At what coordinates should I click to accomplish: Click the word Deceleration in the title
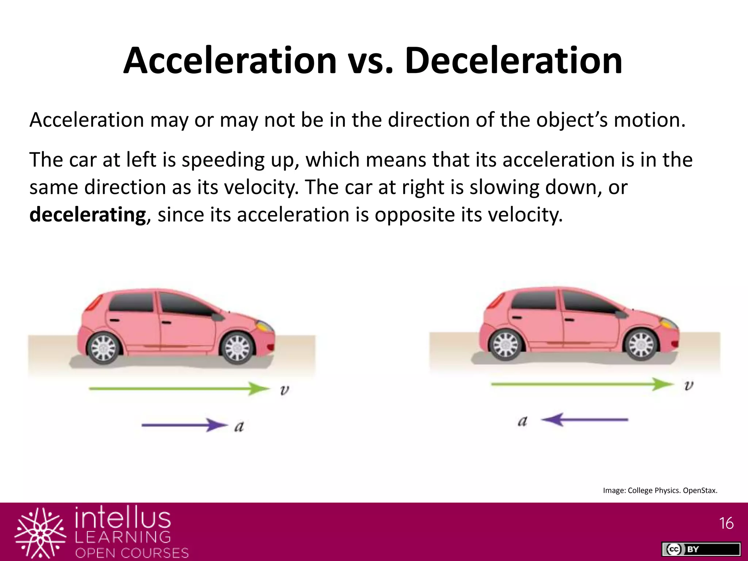pyautogui.click(x=513, y=61)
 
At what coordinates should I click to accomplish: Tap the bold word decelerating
pyautogui.click(x=88, y=215)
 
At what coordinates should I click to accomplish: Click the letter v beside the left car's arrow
pyautogui.click(x=285, y=390)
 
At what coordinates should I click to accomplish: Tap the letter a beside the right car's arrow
pyautogui.click(x=523, y=421)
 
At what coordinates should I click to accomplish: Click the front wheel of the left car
pyautogui.click(x=238, y=347)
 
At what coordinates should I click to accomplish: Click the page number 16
pyautogui.click(x=726, y=523)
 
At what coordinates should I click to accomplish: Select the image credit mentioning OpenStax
pyautogui.click(x=660, y=491)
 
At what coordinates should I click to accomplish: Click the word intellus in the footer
pyautogui.click(x=123, y=519)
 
